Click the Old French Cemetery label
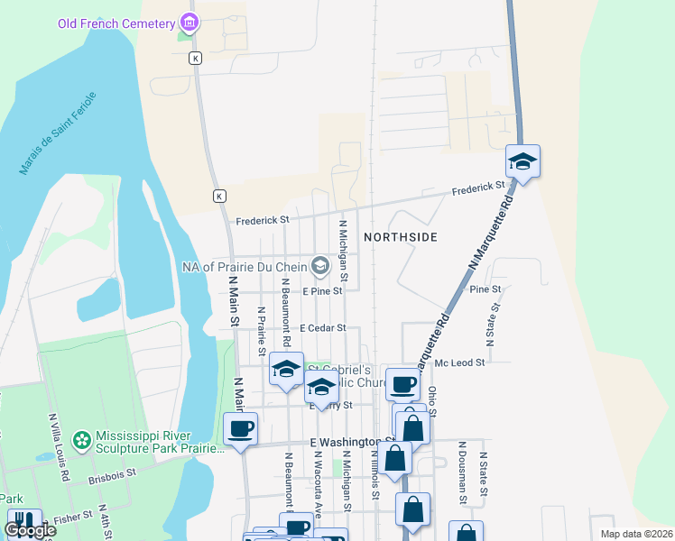(x=116, y=22)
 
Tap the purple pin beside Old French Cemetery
(x=188, y=21)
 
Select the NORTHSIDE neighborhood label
(x=401, y=237)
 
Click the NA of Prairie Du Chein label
(x=244, y=266)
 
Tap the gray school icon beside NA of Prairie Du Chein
(x=319, y=265)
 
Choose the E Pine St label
(x=323, y=291)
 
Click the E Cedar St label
(x=323, y=328)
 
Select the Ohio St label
(x=432, y=402)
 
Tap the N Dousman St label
(x=462, y=472)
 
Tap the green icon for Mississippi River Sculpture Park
(x=81, y=440)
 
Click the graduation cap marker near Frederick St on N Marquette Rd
(x=522, y=162)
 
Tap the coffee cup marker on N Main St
(x=240, y=429)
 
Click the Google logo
(x=30, y=530)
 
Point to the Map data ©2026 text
(x=635, y=534)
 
